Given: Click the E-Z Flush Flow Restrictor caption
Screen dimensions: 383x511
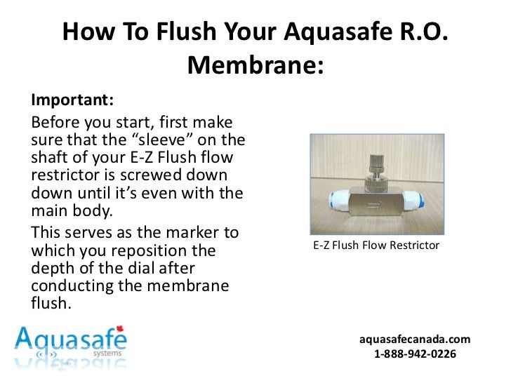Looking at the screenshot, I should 376,246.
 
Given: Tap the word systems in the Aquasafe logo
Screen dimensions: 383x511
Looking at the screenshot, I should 107,353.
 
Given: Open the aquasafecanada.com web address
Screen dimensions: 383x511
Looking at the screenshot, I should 415,340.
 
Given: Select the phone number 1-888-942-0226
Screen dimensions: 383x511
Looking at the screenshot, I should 415,355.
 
